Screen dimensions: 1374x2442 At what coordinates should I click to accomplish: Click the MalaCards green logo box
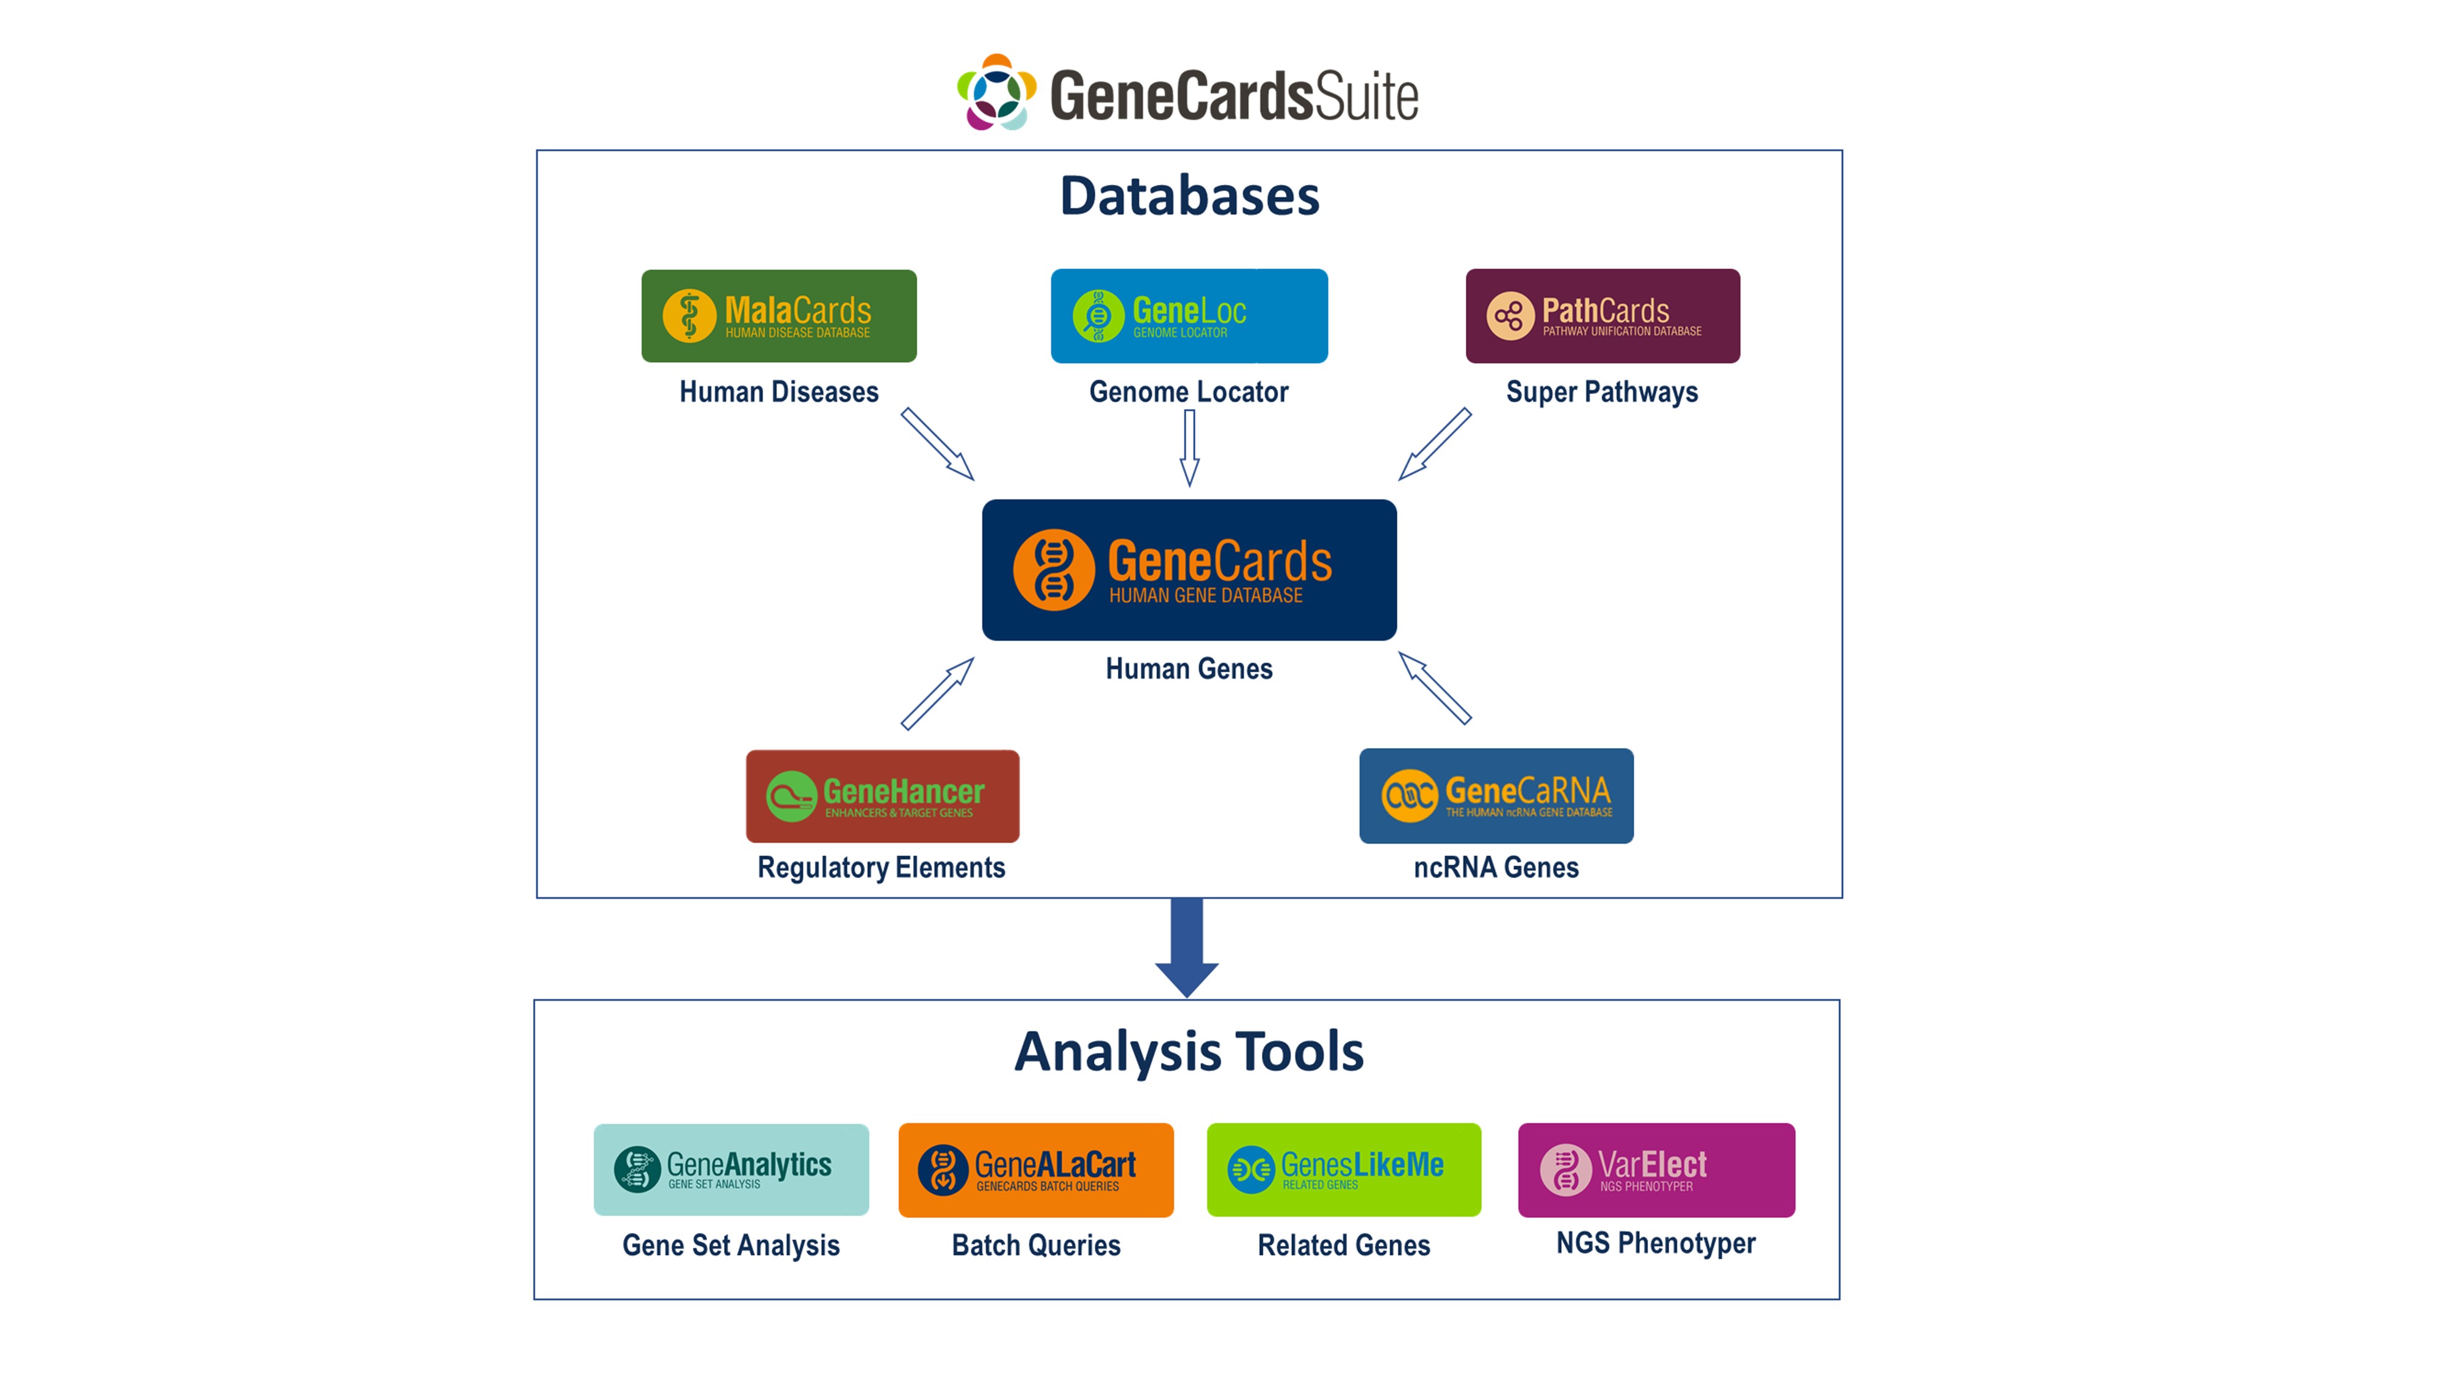(778, 316)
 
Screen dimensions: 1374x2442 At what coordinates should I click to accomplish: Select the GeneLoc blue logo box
(1189, 316)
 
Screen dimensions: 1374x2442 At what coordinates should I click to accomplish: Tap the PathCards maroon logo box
(1602, 316)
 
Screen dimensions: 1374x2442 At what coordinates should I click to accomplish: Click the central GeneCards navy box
(1189, 569)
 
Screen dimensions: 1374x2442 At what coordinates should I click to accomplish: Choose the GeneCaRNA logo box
(1496, 796)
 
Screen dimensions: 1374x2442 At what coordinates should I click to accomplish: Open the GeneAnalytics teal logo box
(731, 1169)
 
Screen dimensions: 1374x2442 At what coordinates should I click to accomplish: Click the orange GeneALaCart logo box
(1035, 1169)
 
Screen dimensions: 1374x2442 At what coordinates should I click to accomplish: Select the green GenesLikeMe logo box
(1343, 1169)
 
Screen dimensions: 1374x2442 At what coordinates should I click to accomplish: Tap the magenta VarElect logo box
(1656, 1169)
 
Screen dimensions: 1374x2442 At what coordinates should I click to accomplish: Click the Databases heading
(1189, 195)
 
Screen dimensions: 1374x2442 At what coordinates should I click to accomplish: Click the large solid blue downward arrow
(1187, 947)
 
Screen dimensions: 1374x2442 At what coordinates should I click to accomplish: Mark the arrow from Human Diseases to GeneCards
(937, 444)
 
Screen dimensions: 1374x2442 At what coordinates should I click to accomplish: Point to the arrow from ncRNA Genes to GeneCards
(1434, 688)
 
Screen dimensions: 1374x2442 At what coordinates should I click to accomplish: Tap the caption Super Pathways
(1602, 391)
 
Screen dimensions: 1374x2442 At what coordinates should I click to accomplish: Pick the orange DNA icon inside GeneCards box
(1053, 569)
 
